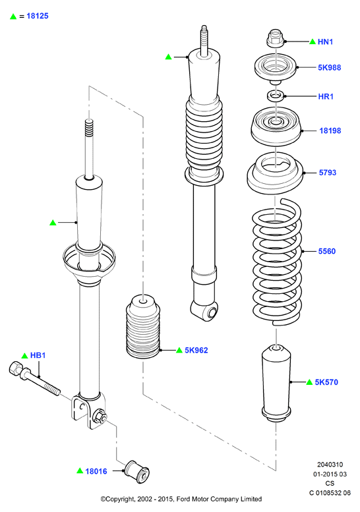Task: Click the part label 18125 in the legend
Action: [x=37, y=16]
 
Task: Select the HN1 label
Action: [x=325, y=42]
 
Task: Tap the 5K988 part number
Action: [x=329, y=68]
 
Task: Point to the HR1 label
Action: [x=326, y=97]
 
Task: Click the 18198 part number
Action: [x=330, y=130]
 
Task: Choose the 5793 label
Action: [x=328, y=173]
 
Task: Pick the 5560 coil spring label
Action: [x=327, y=251]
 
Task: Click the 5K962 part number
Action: [x=196, y=351]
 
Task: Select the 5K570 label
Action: [x=326, y=382]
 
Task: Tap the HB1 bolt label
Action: [x=38, y=355]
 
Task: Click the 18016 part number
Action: [x=96, y=471]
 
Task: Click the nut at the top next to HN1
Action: [x=275, y=38]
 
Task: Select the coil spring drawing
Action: [x=277, y=261]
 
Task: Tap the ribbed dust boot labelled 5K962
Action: [x=143, y=327]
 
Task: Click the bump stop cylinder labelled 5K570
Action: [x=276, y=383]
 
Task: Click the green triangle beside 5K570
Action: [x=309, y=382]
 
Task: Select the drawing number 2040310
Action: [x=330, y=465]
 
